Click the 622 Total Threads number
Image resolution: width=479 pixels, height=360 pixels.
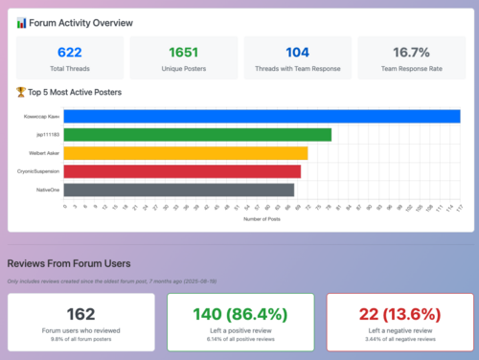tap(69, 53)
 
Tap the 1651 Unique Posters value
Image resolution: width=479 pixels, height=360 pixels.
tap(183, 53)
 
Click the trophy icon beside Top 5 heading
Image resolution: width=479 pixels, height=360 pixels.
tap(21, 92)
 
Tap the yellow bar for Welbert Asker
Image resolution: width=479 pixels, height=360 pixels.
tap(192, 153)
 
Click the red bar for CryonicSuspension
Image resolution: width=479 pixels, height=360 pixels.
tap(188, 171)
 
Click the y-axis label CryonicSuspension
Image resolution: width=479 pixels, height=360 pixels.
tap(38, 171)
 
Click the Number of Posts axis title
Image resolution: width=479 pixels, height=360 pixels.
tap(261, 219)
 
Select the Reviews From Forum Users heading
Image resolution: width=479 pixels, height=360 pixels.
tap(69, 262)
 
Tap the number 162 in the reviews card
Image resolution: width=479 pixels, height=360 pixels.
tap(80, 313)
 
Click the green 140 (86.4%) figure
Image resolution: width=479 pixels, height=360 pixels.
tap(239, 313)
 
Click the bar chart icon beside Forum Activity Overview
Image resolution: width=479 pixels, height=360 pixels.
tap(21, 22)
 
